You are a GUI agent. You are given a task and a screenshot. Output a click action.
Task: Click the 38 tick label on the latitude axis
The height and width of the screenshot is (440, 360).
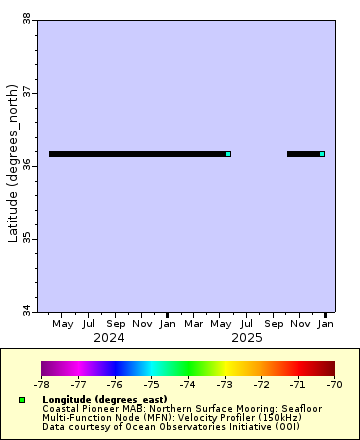25,18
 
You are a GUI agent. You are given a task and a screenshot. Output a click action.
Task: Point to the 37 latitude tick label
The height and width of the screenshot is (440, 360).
25,92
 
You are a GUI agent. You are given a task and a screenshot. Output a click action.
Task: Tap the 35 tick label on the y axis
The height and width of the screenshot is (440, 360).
25,238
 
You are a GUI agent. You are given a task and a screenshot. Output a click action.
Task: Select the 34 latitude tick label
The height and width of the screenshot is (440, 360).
25,311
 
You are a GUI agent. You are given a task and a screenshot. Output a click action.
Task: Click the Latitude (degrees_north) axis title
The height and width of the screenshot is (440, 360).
13,165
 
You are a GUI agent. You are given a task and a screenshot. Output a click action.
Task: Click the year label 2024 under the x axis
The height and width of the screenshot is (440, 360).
108,338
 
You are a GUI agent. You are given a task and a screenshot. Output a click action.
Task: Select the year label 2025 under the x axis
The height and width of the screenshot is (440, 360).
246,338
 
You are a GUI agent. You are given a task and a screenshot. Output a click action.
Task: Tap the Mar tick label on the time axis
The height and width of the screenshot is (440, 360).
194,324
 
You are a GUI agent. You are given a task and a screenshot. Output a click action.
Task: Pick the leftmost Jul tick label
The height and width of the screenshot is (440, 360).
89,324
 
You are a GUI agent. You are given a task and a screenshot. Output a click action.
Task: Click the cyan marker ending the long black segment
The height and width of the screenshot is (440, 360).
228,154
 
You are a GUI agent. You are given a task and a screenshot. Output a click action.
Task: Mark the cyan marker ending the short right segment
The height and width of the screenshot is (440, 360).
322,154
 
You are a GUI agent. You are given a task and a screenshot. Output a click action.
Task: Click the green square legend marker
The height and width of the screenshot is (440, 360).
22,400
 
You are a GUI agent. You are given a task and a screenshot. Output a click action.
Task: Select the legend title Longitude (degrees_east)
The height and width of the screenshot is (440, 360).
105,400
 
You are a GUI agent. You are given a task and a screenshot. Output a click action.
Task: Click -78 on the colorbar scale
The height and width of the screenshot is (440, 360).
41,384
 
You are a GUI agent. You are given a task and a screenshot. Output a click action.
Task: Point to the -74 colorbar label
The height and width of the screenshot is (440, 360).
188,384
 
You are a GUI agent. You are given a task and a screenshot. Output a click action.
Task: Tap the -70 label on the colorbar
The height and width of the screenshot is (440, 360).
334,384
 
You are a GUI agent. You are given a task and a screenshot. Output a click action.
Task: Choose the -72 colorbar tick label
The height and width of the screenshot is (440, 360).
261,384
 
